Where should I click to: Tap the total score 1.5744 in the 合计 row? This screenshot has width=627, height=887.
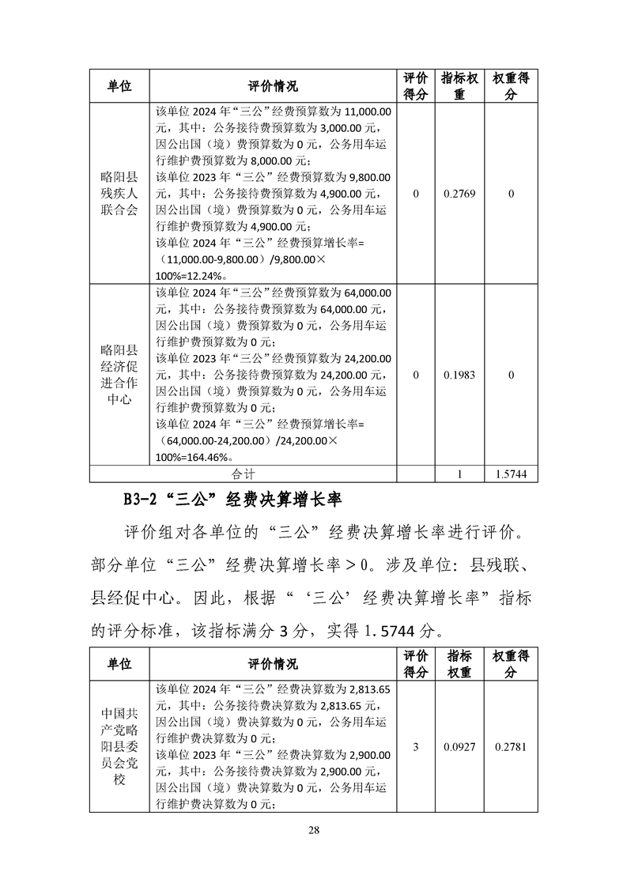511,474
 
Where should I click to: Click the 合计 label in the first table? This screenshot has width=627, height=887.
244,474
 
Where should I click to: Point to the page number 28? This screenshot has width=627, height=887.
314,829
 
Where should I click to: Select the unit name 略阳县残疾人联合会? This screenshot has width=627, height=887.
119,194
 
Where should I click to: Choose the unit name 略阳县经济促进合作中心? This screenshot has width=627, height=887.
119,375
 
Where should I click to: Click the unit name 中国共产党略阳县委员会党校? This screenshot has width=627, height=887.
119,747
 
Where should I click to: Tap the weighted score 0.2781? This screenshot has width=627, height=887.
511,746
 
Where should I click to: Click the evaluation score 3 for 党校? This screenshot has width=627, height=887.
416,746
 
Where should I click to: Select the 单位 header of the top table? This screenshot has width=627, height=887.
119,86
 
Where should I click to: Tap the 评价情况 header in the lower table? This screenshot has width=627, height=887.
273,664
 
